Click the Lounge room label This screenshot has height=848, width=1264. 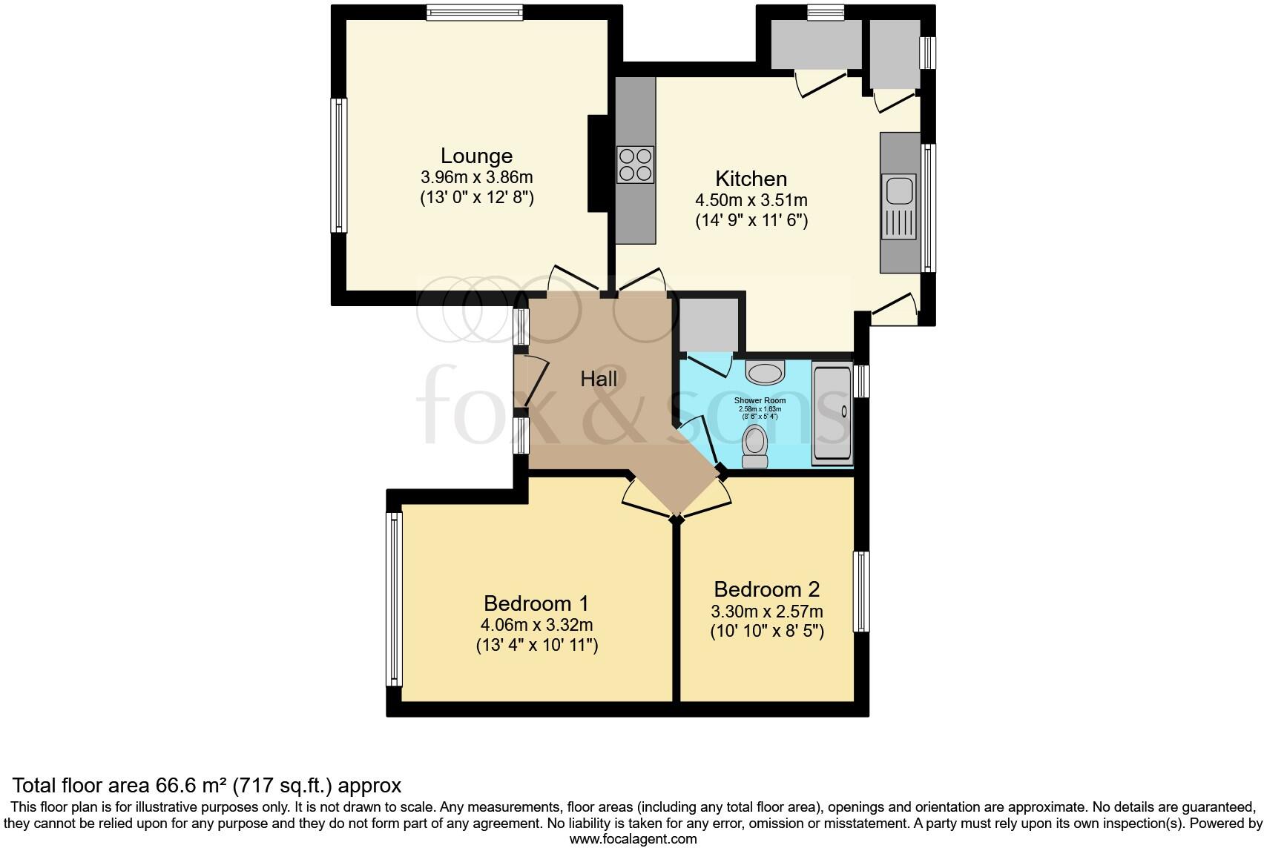(x=476, y=156)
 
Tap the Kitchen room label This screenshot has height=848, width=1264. (x=751, y=179)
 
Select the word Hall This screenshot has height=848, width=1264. (x=599, y=380)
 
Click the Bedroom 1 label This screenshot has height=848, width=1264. (x=536, y=603)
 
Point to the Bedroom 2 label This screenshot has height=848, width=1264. (x=766, y=589)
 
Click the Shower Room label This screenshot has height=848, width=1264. (x=760, y=401)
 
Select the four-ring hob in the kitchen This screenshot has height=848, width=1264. (x=636, y=165)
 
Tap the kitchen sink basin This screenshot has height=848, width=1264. (x=899, y=190)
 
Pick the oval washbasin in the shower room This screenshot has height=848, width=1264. (x=765, y=371)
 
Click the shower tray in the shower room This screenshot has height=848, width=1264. (x=832, y=414)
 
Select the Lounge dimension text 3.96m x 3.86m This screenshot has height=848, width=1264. (x=476, y=178)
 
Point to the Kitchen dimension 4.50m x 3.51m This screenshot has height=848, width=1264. (x=751, y=200)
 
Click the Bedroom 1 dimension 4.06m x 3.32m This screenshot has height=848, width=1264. (x=536, y=625)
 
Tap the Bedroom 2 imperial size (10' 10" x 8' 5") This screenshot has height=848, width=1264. (x=767, y=632)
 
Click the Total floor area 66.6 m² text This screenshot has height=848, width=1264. (x=208, y=786)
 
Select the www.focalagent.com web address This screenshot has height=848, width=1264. (x=633, y=839)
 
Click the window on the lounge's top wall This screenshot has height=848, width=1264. (x=475, y=12)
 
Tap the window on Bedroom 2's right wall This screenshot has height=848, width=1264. (x=861, y=591)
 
